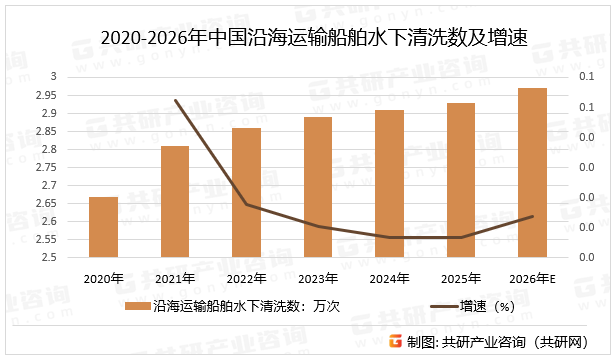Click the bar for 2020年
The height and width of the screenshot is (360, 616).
click(x=104, y=227)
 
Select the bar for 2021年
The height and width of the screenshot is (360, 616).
click(x=175, y=202)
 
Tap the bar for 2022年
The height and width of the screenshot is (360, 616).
click(x=247, y=193)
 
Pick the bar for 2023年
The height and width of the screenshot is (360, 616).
click(x=318, y=187)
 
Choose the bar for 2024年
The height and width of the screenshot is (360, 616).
click(x=390, y=184)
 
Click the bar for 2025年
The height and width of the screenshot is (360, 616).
click(x=461, y=180)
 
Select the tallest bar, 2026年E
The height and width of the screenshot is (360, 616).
click(x=533, y=173)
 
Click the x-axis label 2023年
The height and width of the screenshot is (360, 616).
click(x=318, y=278)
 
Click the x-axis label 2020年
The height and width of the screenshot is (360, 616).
click(x=104, y=278)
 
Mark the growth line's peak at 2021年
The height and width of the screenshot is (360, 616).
click(x=175, y=100)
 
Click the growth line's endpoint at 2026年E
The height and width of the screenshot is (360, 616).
click(x=533, y=216)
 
